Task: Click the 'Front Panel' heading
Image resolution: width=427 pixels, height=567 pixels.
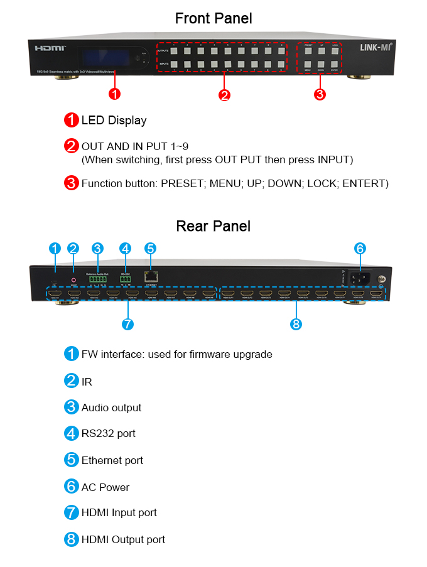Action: point(213,18)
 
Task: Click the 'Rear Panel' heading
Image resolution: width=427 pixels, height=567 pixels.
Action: point(213,225)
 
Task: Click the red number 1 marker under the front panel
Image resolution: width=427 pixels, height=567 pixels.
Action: point(114,94)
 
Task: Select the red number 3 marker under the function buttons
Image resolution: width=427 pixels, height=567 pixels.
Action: point(319,95)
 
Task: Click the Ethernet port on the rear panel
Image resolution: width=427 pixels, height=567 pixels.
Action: point(150,276)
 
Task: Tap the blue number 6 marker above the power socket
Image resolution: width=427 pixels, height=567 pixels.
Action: point(359,248)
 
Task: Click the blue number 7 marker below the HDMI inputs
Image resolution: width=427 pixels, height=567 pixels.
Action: point(127,324)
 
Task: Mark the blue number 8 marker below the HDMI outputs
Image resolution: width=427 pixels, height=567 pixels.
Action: point(296,324)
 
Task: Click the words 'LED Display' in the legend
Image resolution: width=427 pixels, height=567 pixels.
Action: point(114,120)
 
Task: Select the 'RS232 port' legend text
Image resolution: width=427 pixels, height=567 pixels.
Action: point(108,433)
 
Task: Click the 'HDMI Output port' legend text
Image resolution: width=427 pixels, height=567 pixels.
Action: point(123,539)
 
